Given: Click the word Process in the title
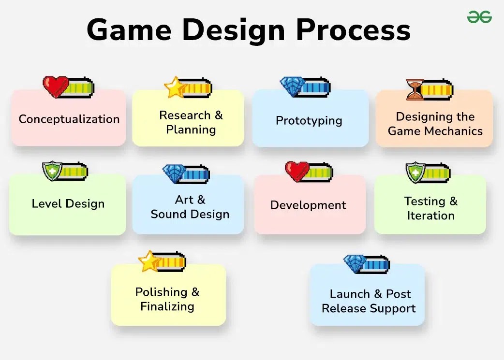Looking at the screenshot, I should pos(353,30).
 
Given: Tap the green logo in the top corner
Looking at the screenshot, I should pos(479,17).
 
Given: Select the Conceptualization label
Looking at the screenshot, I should pos(69,119).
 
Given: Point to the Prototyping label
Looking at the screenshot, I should pos(309,120).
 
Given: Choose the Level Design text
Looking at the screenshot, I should pos(68,204).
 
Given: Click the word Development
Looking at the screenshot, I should pos(308,205).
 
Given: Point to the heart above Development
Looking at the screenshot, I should pos(296,172).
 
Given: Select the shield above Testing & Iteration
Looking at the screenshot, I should pos(415,173).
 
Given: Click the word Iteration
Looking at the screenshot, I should pos(430,216).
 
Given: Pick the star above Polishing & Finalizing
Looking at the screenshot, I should pos(149,261).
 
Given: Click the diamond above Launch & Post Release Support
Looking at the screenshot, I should pos(355,264).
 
